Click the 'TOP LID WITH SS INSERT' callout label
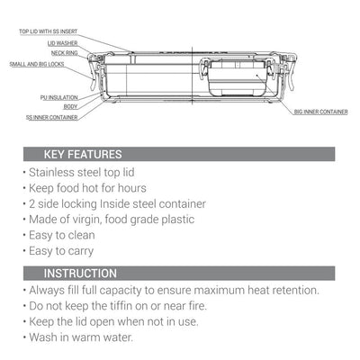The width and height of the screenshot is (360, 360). pyautogui.click(x=49, y=31)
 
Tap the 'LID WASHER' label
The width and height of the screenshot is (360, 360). pyautogui.click(x=62, y=43)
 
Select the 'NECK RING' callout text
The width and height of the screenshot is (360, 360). pyautogui.click(x=65, y=53)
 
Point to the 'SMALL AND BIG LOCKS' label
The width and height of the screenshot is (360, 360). pyautogui.click(x=37, y=64)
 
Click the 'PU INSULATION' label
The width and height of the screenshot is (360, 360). pyautogui.click(x=59, y=97)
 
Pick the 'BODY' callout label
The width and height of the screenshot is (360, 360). pyautogui.click(x=70, y=106)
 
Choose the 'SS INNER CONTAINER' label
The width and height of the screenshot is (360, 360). pyautogui.click(x=52, y=117)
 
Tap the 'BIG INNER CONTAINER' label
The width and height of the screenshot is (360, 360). pyautogui.click(x=321, y=112)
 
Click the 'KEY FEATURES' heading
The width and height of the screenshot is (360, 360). pyautogui.click(x=83, y=154)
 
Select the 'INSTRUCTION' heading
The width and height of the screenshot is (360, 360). pyautogui.click(x=80, y=274)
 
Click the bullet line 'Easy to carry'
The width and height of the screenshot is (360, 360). pyautogui.click(x=61, y=251)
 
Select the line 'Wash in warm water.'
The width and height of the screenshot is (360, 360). pyautogui.click(x=81, y=337)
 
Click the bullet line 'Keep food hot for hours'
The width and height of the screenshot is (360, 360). pyautogui.click(x=87, y=188)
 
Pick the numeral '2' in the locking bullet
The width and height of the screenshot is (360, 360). pyautogui.click(x=32, y=204)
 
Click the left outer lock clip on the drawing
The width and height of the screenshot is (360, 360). pyautogui.click(x=93, y=71)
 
